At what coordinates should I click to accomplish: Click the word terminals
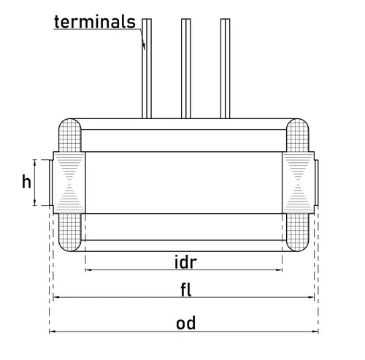point(95,22)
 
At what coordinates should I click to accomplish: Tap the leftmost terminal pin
point(147,69)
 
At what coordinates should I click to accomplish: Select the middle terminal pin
point(186,69)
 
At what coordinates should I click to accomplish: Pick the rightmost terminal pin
point(226,69)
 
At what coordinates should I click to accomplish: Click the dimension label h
point(26,181)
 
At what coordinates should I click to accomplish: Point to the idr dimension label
point(185,262)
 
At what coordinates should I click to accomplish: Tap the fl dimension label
point(186,290)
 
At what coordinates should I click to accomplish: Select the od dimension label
point(185,323)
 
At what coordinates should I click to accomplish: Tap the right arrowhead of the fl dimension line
point(311,297)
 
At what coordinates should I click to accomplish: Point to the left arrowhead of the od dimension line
point(52,332)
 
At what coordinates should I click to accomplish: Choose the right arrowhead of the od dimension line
point(315,332)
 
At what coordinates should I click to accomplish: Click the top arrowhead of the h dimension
point(35,162)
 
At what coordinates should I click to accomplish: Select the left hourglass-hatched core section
point(69,183)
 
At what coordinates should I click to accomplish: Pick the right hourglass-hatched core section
point(299,183)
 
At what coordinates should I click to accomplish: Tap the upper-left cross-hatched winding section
point(70,135)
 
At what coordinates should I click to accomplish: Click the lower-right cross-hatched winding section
point(298,232)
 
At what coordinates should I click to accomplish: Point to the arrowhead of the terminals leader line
point(144,46)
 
